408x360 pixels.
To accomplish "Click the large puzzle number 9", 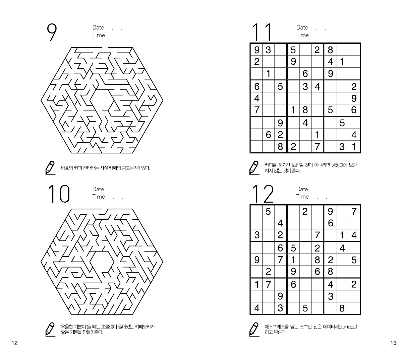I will pos(52,32).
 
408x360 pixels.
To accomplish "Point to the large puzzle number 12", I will pos(263,194).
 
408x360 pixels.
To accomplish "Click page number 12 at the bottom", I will pos(14,343).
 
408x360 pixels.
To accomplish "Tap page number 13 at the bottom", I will pos(393,343).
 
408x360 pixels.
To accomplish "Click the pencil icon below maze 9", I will pos(50,168).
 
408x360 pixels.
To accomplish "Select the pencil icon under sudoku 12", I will pos(254,329).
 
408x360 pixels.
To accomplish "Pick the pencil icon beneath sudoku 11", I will pos(254,168).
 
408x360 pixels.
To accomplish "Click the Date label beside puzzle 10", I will pos(98,189).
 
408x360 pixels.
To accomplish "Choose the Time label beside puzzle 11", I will pos(302,35).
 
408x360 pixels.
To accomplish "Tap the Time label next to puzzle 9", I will pos(99,35).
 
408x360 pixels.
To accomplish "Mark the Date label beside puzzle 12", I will pos(302,189).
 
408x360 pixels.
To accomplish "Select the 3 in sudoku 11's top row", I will pos(268,50).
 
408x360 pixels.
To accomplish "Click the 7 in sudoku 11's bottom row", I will pos(317,147).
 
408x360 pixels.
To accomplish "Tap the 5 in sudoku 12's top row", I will pos(268,211).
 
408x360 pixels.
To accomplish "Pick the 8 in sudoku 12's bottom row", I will pos(342,308).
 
